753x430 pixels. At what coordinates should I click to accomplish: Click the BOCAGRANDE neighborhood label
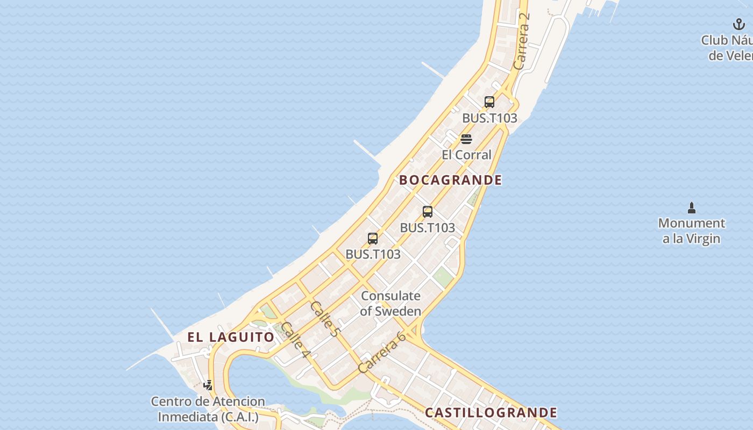451,180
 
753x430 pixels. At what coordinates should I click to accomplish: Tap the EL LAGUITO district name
231,337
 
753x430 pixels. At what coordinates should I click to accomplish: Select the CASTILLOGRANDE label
491,413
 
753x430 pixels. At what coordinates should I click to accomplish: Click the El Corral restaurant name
466,155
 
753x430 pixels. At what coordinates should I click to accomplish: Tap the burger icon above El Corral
466,139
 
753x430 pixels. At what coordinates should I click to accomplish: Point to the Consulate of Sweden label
391,303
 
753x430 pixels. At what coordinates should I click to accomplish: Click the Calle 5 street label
324,319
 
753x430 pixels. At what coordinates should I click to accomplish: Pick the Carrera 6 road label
381,352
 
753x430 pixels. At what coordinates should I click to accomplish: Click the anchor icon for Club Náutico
739,24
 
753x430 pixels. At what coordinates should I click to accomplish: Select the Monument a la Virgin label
691,231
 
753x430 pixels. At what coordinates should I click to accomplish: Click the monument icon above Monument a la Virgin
692,208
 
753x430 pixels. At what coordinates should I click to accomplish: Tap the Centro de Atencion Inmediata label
208,409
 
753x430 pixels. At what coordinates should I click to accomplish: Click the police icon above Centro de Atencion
208,385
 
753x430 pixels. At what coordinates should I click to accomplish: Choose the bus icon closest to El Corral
489,102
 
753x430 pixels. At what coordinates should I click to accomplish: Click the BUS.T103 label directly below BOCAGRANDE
428,228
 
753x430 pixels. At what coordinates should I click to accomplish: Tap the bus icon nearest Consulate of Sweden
373,239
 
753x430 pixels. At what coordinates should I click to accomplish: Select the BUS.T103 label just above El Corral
489,118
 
